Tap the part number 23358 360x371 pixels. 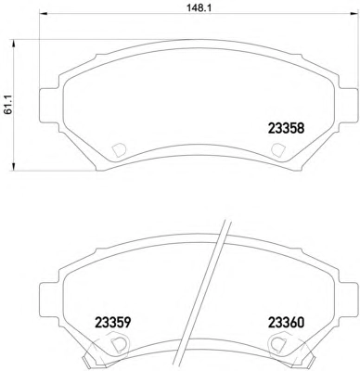286,128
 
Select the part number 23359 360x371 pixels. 113,323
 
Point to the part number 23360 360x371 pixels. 286,323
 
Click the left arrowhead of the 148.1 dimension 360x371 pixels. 43,13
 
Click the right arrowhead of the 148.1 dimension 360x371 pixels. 353,13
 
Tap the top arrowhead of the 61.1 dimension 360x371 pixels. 13,43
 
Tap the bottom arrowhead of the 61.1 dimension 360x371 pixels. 13,167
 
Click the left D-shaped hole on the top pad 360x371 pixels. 119,150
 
